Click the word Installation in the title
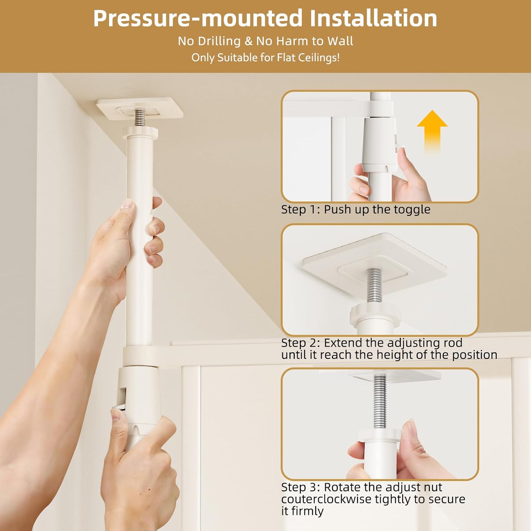373,18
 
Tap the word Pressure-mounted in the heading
198,18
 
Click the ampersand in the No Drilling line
249,41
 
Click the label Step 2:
301,343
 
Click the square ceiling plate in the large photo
140,108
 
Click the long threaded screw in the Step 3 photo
380,402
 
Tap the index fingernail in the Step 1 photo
401,153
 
